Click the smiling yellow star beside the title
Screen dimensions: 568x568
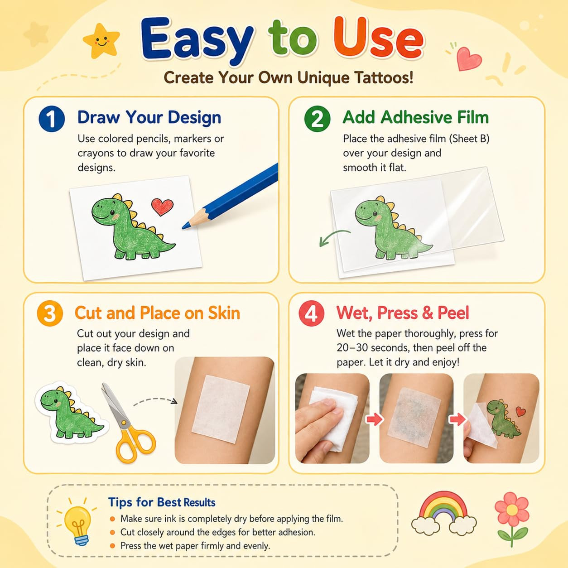tap(101, 41)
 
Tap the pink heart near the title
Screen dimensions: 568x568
tap(468, 58)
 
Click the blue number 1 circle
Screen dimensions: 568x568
tap(52, 119)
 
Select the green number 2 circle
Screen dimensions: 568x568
tap(317, 119)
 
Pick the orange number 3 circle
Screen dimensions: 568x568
tap(50, 313)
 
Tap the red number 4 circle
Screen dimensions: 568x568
tap(311, 313)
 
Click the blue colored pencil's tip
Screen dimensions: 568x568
tap(183, 228)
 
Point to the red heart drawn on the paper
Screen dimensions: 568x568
tap(162, 207)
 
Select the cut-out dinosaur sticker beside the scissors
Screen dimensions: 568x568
tap(71, 413)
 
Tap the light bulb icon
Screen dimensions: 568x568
tap(77, 522)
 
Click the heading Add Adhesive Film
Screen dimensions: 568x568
tap(416, 117)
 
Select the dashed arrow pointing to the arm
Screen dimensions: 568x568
tap(155, 400)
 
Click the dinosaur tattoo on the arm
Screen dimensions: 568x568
tap(504, 417)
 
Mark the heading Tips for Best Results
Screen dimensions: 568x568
tap(162, 502)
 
